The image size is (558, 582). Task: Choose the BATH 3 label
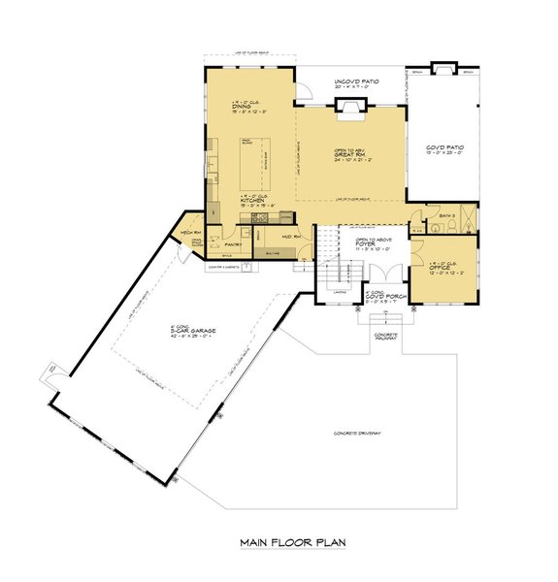446,215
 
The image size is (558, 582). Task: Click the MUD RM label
288,236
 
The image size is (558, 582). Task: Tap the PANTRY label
233,244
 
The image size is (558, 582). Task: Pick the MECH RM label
189,234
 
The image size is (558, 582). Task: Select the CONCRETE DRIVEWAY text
356,433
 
